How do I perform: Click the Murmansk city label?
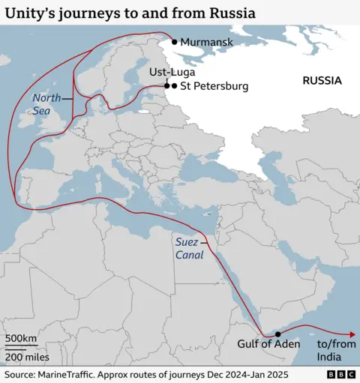[x=206, y=43]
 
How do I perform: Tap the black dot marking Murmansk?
[x=175, y=42]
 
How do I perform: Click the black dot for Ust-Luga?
[x=166, y=86]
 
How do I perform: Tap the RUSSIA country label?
[x=322, y=80]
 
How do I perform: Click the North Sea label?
[x=46, y=103]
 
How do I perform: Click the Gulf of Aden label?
[x=268, y=344]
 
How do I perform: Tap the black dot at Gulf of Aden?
[x=277, y=334]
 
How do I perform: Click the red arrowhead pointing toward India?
[x=352, y=335]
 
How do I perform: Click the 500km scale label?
[x=21, y=339]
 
